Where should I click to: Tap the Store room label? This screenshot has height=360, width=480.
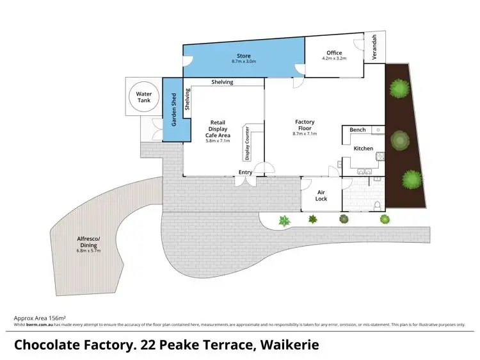click(243, 56)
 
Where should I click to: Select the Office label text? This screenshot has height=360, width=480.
click(333, 53)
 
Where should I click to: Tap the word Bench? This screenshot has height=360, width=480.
click(358, 130)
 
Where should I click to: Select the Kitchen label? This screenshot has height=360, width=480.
click(364, 148)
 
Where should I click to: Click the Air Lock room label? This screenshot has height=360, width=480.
click(321, 195)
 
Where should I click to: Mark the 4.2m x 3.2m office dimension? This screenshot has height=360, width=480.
click(333, 58)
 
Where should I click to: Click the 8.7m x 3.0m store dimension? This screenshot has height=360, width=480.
click(243, 62)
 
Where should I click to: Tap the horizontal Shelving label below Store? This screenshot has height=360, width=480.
click(223, 82)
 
